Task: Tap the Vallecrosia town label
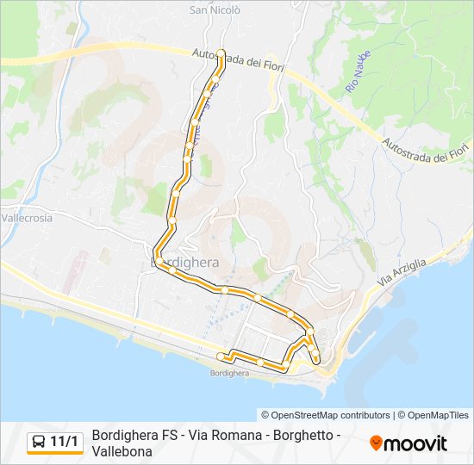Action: pyautogui.click(x=27, y=218)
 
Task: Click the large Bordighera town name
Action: pyautogui.click(x=184, y=261)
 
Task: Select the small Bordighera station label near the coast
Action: pyautogui.click(x=229, y=373)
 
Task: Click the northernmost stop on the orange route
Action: pyautogui.click(x=221, y=53)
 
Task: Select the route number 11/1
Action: pyautogui.click(x=65, y=443)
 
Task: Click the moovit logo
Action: pyautogui.click(x=409, y=443)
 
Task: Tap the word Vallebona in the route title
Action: pyautogui.click(x=122, y=451)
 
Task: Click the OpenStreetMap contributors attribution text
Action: pyautogui.click(x=326, y=415)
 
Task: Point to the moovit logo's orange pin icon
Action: pyautogui.click(x=377, y=443)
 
